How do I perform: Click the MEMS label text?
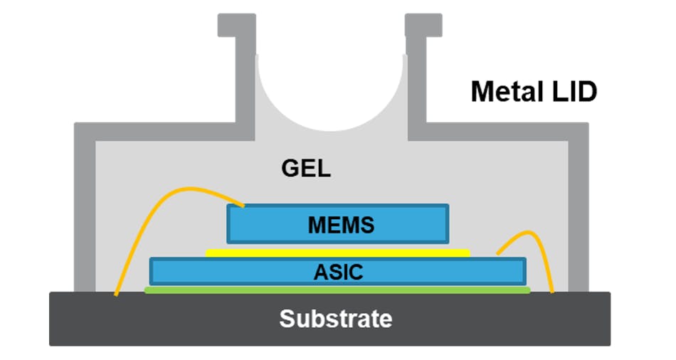coord(341,226)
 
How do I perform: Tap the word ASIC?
coord(338,272)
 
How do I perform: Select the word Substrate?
coord(335,319)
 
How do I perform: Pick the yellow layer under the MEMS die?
coord(337,253)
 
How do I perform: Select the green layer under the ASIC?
coord(337,290)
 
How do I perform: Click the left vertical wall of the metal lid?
coord(85,213)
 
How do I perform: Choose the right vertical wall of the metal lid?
coord(579,213)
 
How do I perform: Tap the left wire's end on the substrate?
coord(116,292)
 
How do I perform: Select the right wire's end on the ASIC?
coord(498,253)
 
